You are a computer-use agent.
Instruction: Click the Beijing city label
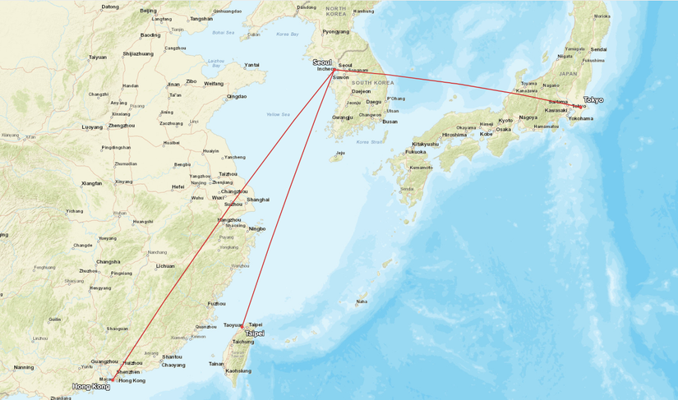pyautogui.click(x=148, y=11)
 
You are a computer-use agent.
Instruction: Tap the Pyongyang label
pyautogui.click(x=335, y=32)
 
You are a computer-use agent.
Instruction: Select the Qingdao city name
pyautogui.click(x=237, y=96)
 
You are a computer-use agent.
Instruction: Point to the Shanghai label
pyautogui.click(x=258, y=200)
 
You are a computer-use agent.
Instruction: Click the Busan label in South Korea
pyautogui.click(x=390, y=122)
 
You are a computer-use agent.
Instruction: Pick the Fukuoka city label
pyautogui.click(x=416, y=152)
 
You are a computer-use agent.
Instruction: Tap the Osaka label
pyautogui.click(x=503, y=129)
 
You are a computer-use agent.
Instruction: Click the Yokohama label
pyautogui.click(x=580, y=118)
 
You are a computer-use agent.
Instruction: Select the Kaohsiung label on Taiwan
pyautogui.click(x=238, y=371)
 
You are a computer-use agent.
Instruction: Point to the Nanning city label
pyautogui.click(x=24, y=367)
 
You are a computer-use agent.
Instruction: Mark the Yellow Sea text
pyautogui.click(x=278, y=114)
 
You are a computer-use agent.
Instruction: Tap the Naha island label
pyautogui.click(x=362, y=301)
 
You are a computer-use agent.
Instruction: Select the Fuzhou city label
pyautogui.click(x=217, y=304)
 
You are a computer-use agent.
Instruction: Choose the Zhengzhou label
pyautogui.click(x=121, y=126)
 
